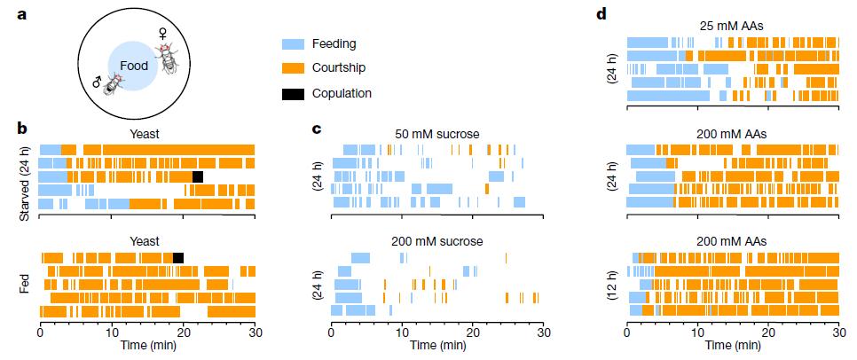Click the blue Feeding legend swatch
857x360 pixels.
point(293,43)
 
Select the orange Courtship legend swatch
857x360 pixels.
point(293,67)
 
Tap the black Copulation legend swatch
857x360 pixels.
point(293,92)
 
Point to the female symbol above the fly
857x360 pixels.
point(163,32)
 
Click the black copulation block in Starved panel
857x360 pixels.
point(198,176)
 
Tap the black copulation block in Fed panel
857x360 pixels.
point(178,258)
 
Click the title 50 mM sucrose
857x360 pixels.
point(437,134)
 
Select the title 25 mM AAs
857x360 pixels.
point(732,26)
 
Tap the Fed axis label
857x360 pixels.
point(12,284)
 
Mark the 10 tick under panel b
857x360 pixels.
point(112,334)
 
